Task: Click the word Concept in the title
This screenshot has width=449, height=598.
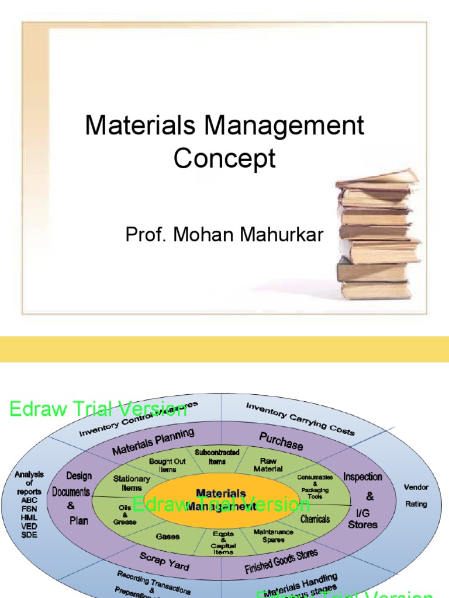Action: (224, 158)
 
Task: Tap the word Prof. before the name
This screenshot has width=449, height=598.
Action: (143, 235)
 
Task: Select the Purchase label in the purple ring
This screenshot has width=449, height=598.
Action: (281, 441)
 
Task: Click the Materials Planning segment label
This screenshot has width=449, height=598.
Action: (153, 441)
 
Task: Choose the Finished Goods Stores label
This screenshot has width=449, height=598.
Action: (281, 561)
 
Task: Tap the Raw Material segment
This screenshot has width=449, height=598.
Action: (268, 465)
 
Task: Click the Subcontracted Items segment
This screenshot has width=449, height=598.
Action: (217, 457)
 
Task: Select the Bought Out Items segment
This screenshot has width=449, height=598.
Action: (167, 465)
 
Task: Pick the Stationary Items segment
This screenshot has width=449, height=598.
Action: (132, 484)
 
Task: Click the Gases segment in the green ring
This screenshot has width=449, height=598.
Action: (167, 536)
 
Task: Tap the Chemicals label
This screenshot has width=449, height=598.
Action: (315, 519)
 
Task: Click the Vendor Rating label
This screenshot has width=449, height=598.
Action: (416, 495)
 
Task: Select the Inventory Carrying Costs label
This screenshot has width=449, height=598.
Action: (300, 418)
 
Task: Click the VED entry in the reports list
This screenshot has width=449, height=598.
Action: (29, 526)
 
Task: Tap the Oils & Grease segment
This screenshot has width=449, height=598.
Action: (125, 514)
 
